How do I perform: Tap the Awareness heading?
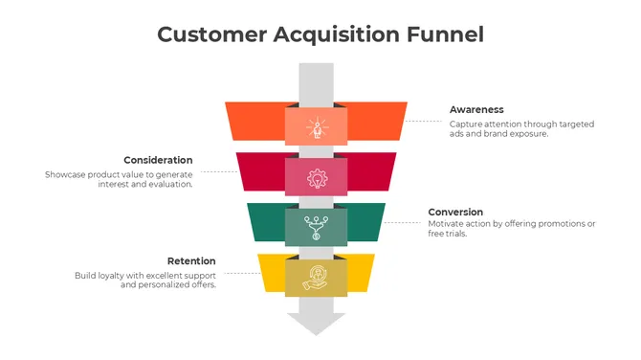(x=476, y=110)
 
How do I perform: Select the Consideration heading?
(x=158, y=160)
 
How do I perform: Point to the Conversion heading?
(x=455, y=212)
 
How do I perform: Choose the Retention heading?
(x=191, y=260)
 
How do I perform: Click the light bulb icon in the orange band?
(x=317, y=127)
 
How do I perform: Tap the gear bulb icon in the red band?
(x=317, y=177)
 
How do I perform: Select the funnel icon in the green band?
(x=317, y=228)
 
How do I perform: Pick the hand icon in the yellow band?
(x=317, y=277)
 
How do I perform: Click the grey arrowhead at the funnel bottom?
(x=317, y=323)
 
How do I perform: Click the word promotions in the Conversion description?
(x=557, y=223)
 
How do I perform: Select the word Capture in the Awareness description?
(x=466, y=124)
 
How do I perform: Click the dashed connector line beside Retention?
(x=239, y=274)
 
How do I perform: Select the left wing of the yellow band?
(x=273, y=272)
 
